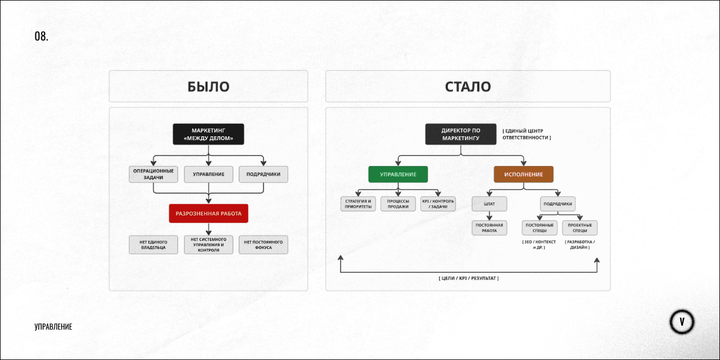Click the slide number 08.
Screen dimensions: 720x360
pyautogui.click(x=41, y=37)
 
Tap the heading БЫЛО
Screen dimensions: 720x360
pyautogui.click(x=208, y=87)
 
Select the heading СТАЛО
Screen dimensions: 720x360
pyautogui.click(x=467, y=87)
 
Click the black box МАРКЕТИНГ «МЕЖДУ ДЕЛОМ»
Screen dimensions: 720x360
pyautogui.click(x=208, y=134)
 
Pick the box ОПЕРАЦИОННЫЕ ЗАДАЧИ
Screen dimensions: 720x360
pyautogui.click(x=154, y=174)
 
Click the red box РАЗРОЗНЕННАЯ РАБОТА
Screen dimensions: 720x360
pyautogui.click(x=208, y=213)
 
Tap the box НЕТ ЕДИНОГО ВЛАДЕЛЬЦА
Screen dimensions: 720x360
pyautogui.click(x=154, y=245)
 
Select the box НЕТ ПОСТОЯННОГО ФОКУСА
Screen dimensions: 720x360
pyautogui.click(x=263, y=245)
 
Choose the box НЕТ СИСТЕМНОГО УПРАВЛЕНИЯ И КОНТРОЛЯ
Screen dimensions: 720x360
pyautogui.click(x=208, y=245)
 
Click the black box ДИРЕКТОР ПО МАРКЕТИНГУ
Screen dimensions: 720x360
pyautogui.click(x=461, y=134)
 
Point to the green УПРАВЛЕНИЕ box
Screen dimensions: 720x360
pyautogui.click(x=398, y=174)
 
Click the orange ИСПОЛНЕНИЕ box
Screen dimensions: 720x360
pyautogui.click(x=524, y=174)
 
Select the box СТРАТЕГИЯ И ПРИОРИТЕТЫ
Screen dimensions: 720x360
pyautogui.click(x=358, y=204)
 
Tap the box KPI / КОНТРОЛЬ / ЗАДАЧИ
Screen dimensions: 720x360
pyautogui.click(x=438, y=204)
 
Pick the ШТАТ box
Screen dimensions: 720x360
pyautogui.click(x=489, y=204)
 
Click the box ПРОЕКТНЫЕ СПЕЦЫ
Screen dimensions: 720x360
pyautogui.click(x=580, y=228)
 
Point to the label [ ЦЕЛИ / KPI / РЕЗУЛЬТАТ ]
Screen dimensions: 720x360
pyautogui.click(x=469, y=278)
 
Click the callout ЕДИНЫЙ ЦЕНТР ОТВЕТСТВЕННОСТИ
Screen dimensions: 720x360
pyautogui.click(x=526, y=134)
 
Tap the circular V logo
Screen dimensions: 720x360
pyautogui.click(x=682, y=322)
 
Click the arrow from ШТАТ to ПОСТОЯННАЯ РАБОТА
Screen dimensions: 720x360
pyautogui.click(x=489, y=215)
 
